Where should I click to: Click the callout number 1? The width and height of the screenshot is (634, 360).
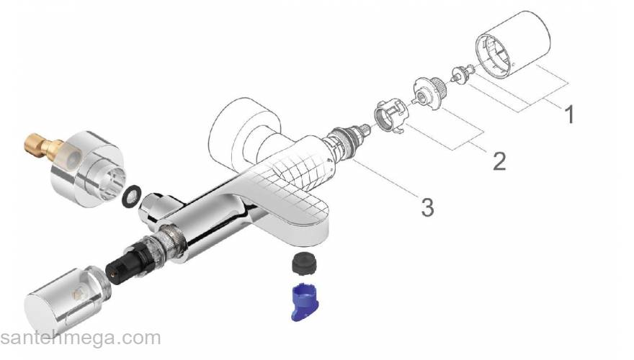[570, 114]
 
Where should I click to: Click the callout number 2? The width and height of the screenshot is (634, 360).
[499, 159]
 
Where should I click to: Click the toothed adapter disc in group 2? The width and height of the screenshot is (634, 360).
[427, 91]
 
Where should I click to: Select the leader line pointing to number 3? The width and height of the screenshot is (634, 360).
[389, 181]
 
